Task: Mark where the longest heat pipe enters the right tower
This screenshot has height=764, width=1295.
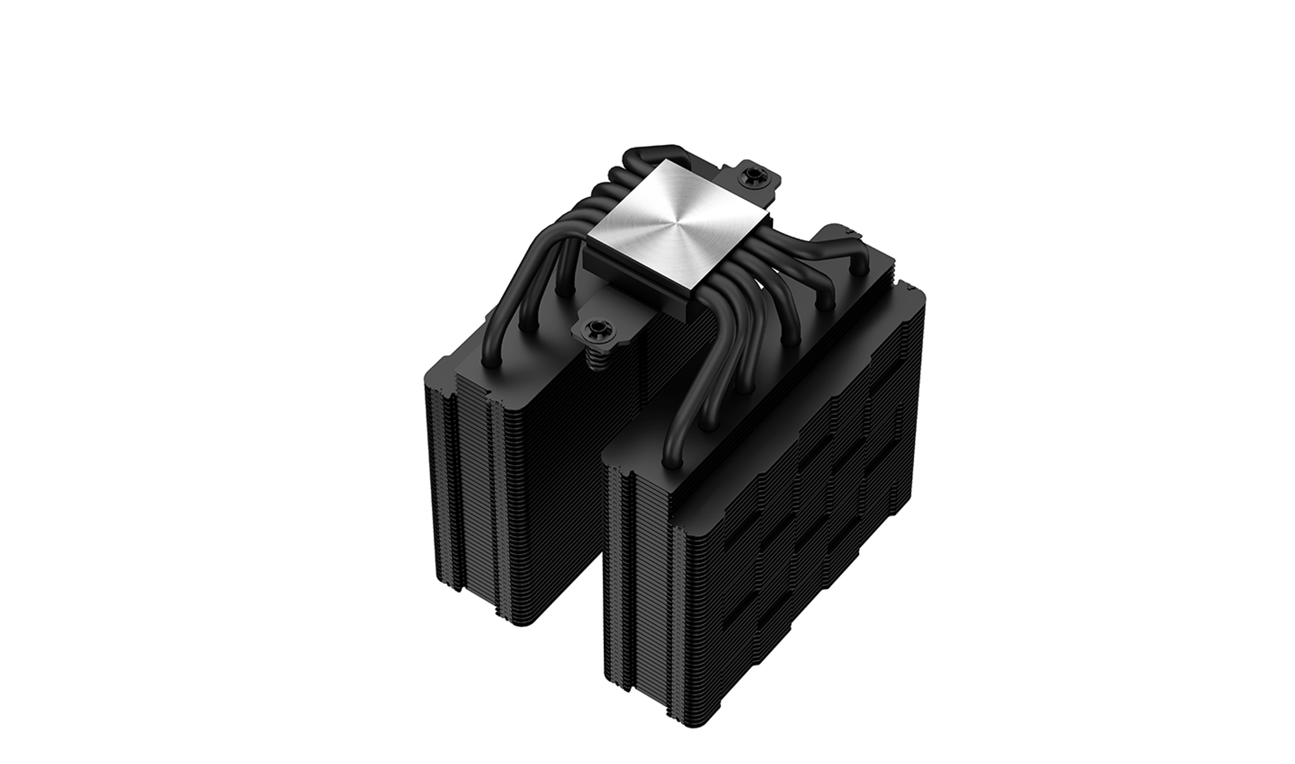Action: click(670, 462)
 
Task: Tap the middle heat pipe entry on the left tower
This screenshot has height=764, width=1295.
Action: click(527, 325)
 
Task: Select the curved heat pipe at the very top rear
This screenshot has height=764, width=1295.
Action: click(650, 153)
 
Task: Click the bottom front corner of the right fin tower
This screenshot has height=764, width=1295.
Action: click(685, 726)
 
